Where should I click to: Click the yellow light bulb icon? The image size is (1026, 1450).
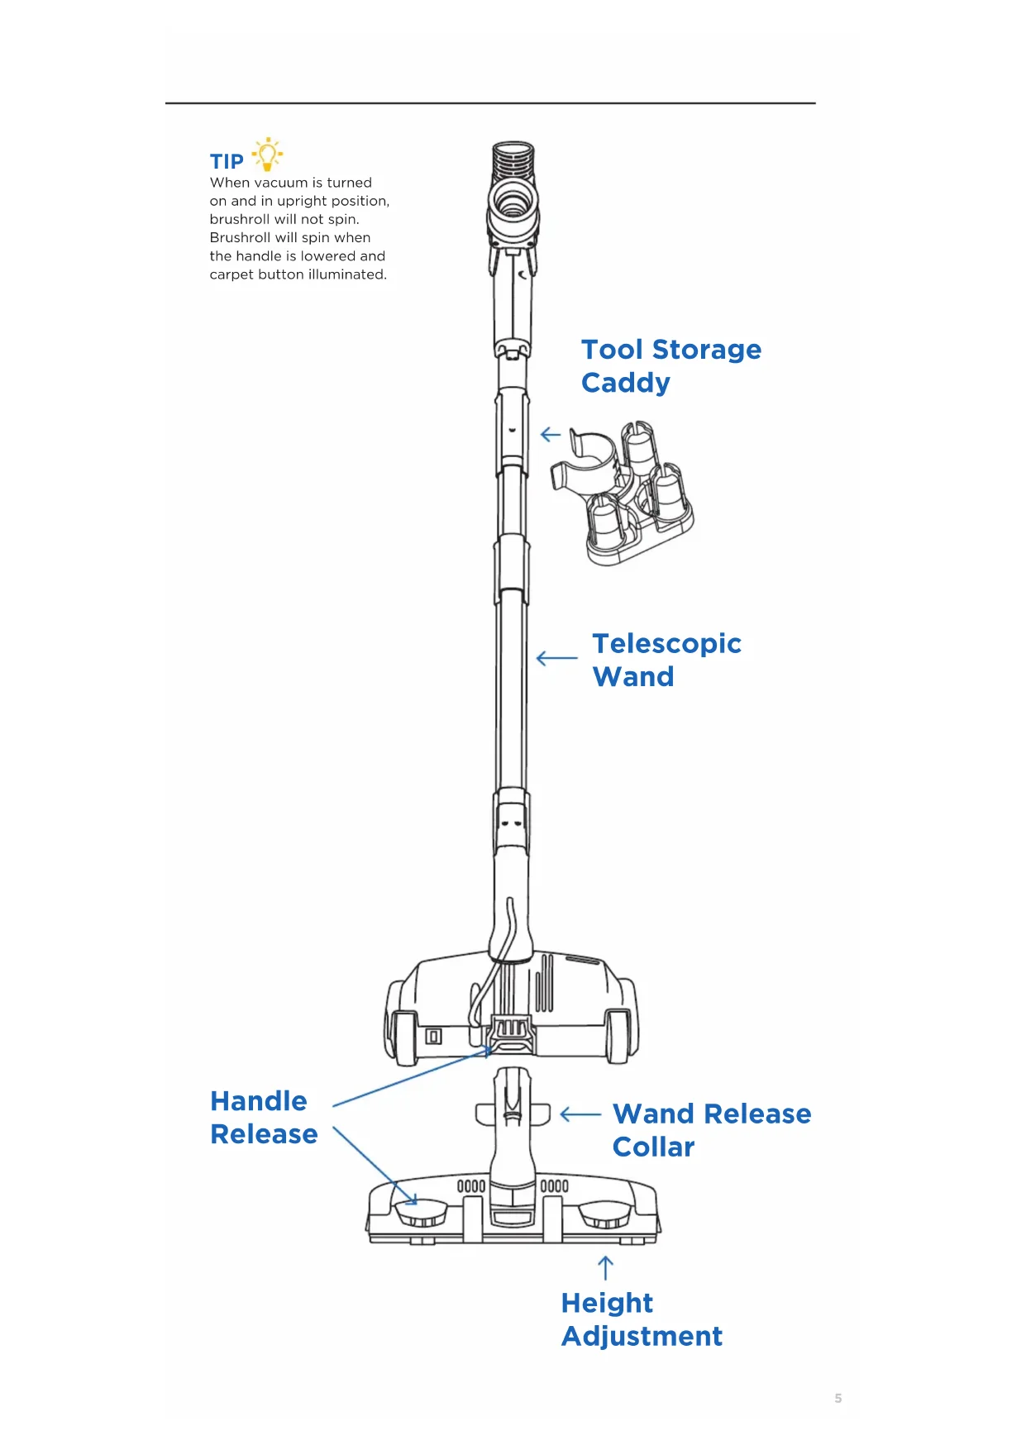(267, 155)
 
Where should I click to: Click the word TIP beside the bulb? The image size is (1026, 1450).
(227, 161)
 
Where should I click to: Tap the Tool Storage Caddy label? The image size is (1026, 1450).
(670, 365)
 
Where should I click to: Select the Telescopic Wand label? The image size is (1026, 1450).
(666, 660)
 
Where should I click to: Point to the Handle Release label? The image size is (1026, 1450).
(264, 1118)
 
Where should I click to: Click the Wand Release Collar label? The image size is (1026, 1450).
(711, 1130)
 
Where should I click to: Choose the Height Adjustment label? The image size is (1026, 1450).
(642, 1319)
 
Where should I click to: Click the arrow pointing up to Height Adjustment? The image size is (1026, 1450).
(605, 1267)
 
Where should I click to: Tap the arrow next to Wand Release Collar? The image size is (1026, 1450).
(580, 1114)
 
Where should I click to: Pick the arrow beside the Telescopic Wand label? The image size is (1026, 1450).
(557, 658)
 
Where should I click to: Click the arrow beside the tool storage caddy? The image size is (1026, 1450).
(551, 434)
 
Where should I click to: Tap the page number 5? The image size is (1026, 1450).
(838, 1398)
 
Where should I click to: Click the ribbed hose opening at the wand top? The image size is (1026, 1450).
(513, 157)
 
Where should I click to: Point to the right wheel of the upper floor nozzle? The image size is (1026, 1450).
(623, 1022)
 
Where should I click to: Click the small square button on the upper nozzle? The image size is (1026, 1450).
(433, 1036)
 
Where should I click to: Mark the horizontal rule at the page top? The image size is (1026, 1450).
(490, 103)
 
